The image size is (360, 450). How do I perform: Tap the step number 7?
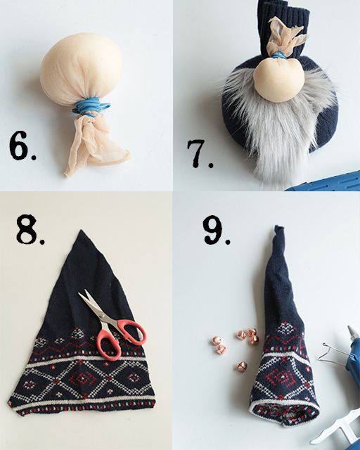200,153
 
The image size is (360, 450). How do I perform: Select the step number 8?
30,229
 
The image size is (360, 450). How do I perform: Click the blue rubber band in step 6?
91,107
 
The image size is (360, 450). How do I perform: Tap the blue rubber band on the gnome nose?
278,55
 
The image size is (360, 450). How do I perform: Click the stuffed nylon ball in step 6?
82,67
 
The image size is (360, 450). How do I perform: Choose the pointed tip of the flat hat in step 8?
82,231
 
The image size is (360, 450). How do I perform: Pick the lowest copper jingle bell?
242,366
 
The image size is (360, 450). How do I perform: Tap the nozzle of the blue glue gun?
352,330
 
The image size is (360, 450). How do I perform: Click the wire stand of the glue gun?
330,354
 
